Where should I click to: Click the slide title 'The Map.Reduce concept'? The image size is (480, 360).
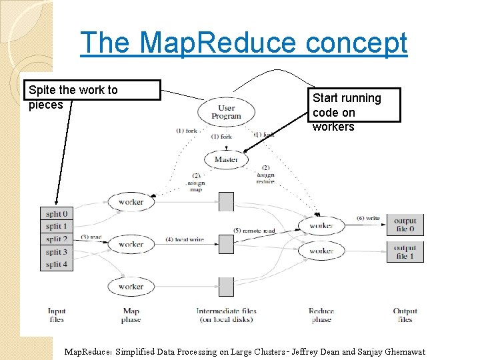coord(243,43)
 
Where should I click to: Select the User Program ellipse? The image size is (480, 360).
coord(226,112)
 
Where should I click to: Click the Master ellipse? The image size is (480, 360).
coord(226,160)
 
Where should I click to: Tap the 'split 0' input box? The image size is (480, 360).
coord(57,214)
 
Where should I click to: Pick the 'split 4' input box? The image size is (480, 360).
coord(57,265)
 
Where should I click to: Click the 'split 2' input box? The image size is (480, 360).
coord(57,239)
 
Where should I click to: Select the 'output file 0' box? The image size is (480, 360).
coord(405,225)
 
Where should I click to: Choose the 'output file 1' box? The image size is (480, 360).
coord(405,251)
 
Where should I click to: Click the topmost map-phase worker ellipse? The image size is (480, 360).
coord(131,201)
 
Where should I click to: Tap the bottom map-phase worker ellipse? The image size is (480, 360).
coord(131,287)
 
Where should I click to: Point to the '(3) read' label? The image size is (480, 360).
coord(91,237)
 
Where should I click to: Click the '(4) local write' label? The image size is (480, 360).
coord(185,239)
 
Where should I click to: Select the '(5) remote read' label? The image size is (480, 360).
coord(254,231)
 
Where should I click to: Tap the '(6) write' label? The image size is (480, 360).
coord(367,218)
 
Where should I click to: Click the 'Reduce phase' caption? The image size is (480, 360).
coord(321,315)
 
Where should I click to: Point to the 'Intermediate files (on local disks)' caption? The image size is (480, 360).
coord(226,315)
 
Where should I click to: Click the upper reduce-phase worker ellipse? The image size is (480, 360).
coord(321,226)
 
